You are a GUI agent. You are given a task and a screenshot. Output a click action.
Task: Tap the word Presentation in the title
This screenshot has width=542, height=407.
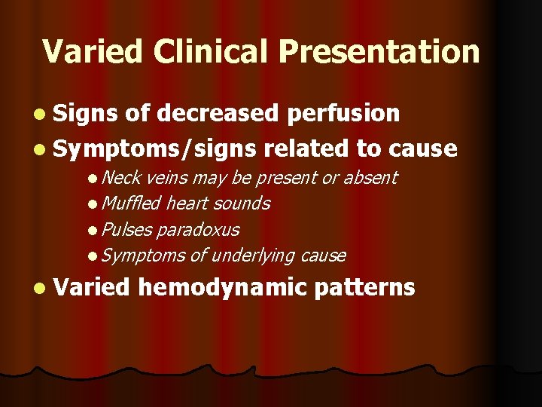(379, 52)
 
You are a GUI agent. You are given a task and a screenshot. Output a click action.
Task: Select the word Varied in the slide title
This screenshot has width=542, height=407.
(93, 52)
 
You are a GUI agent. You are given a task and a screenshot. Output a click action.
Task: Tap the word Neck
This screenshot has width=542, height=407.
(123, 178)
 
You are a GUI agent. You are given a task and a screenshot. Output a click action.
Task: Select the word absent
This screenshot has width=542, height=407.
(370, 178)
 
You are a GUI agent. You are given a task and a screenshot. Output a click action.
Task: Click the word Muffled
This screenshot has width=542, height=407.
(132, 203)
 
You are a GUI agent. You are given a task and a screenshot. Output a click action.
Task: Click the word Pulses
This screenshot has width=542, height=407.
(127, 229)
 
